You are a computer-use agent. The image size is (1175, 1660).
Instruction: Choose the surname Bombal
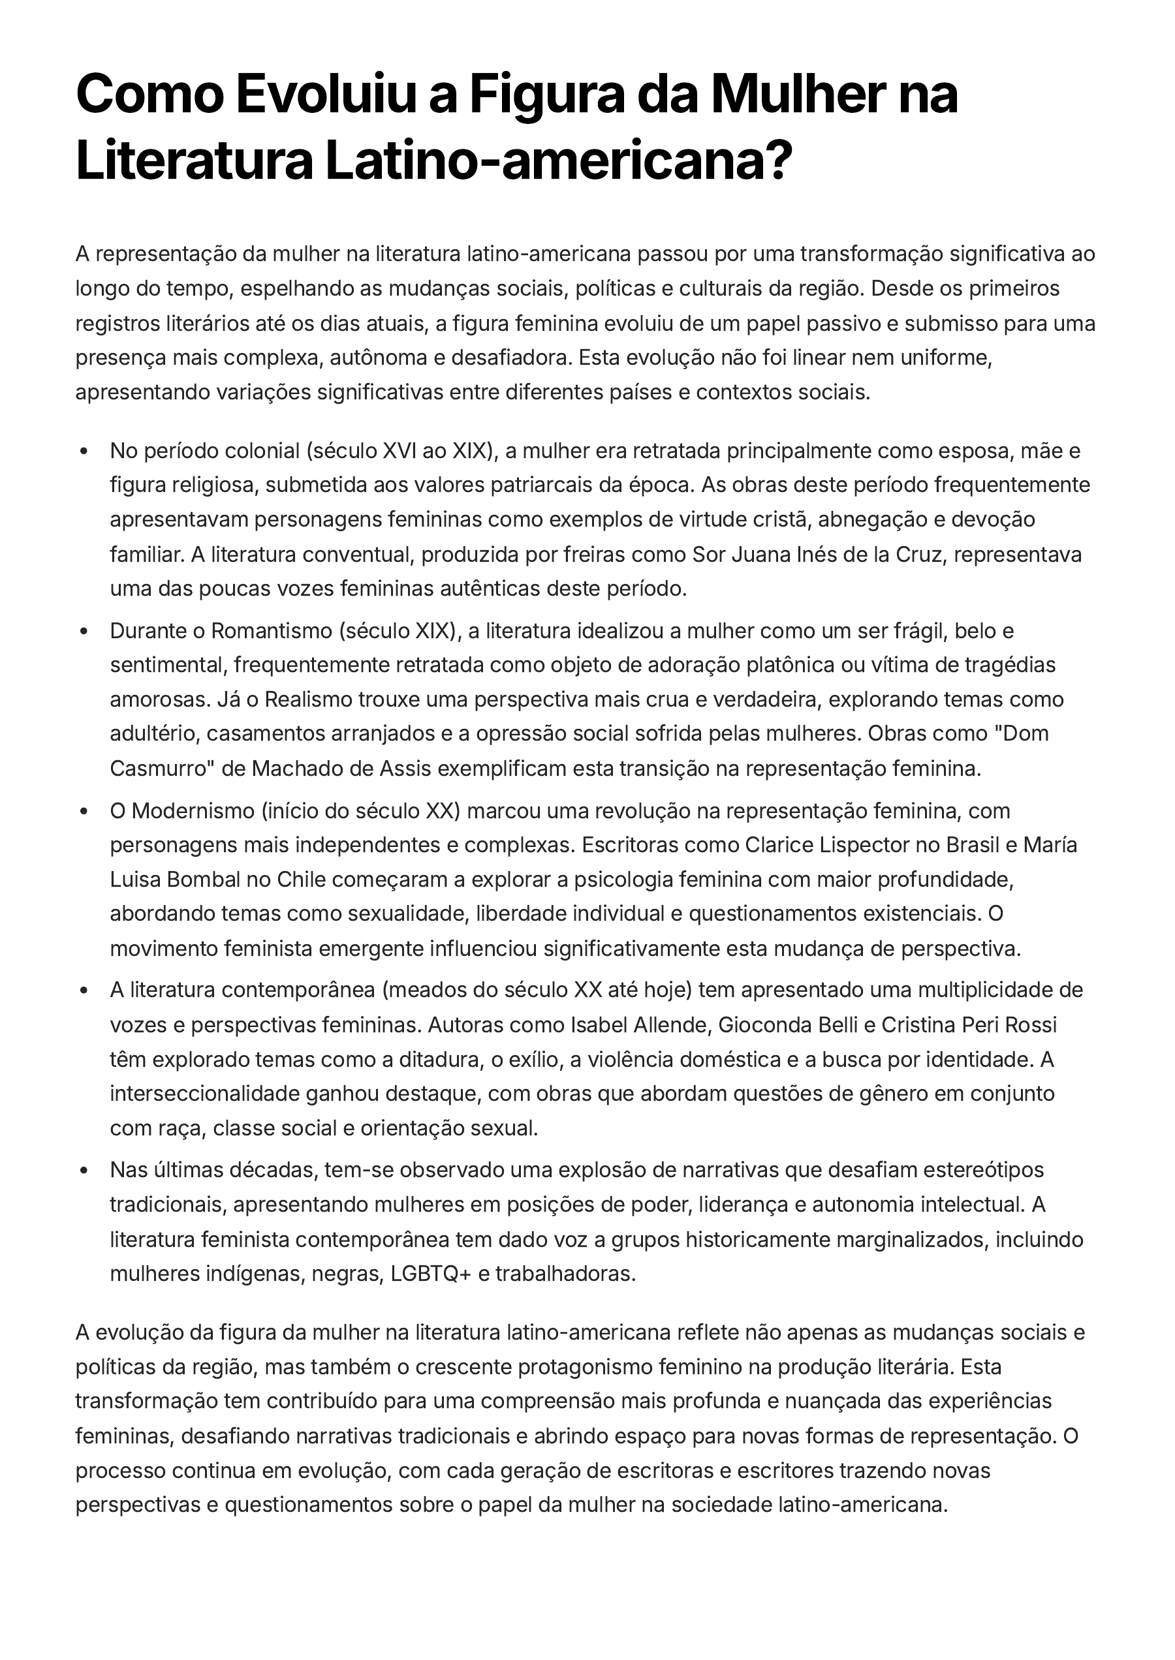point(206,880)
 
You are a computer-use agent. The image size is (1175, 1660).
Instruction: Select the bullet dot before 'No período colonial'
point(86,452)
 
